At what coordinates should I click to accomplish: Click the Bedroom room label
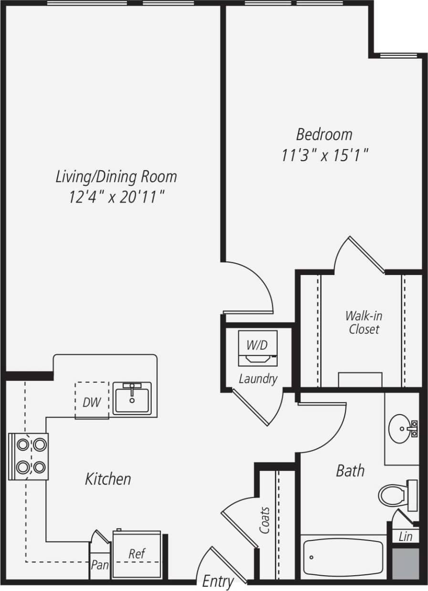coord(324,134)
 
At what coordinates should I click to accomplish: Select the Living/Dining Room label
coord(116,176)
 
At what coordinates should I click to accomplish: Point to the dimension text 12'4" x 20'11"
coord(116,196)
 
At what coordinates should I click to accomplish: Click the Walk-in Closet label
coord(364,322)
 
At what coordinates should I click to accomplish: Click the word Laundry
coord(258,379)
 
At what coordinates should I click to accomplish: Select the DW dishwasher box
coord(92,402)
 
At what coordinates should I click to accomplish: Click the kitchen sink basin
coord(132,398)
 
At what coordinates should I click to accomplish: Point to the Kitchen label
coord(108,479)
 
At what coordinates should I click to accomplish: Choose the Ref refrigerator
coord(136,554)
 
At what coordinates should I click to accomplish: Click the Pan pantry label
coord(100,565)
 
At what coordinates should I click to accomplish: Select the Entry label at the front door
coord(218,581)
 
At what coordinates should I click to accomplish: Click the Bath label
coord(350,471)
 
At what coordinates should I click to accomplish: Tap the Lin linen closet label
coord(405,537)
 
